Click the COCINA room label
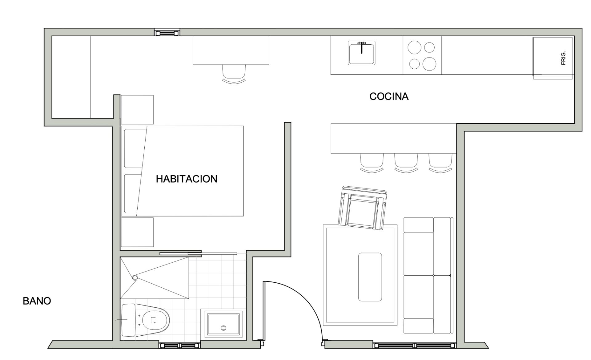point(389,96)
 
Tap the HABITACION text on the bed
point(187,179)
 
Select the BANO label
point(37,301)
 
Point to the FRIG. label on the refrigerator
point(563,58)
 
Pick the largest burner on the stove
point(429,64)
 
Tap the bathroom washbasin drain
point(224,328)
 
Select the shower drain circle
point(135,278)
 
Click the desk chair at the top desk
point(234,73)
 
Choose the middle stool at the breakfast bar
point(406,162)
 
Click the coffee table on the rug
point(370,277)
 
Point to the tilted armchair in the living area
point(363,208)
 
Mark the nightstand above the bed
point(137,110)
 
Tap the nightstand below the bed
point(137,232)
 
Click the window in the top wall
point(167,32)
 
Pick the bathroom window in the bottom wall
point(180,346)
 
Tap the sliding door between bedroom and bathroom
point(180,253)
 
